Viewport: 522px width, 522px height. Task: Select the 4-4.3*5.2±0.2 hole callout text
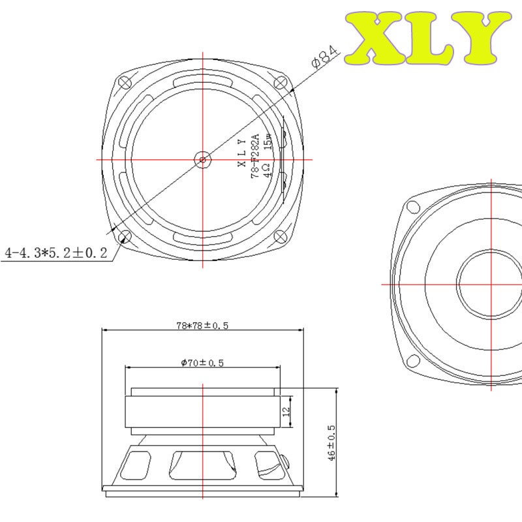pos(56,253)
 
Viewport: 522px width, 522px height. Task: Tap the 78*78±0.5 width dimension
pos(202,325)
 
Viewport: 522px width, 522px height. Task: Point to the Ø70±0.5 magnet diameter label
pos(202,363)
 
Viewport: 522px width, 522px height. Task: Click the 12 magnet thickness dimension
pos(286,412)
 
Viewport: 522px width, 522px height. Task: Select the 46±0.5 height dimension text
pos(331,443)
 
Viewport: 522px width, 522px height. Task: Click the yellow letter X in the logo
pos(376,38)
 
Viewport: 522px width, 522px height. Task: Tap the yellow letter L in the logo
pos(430,38)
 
